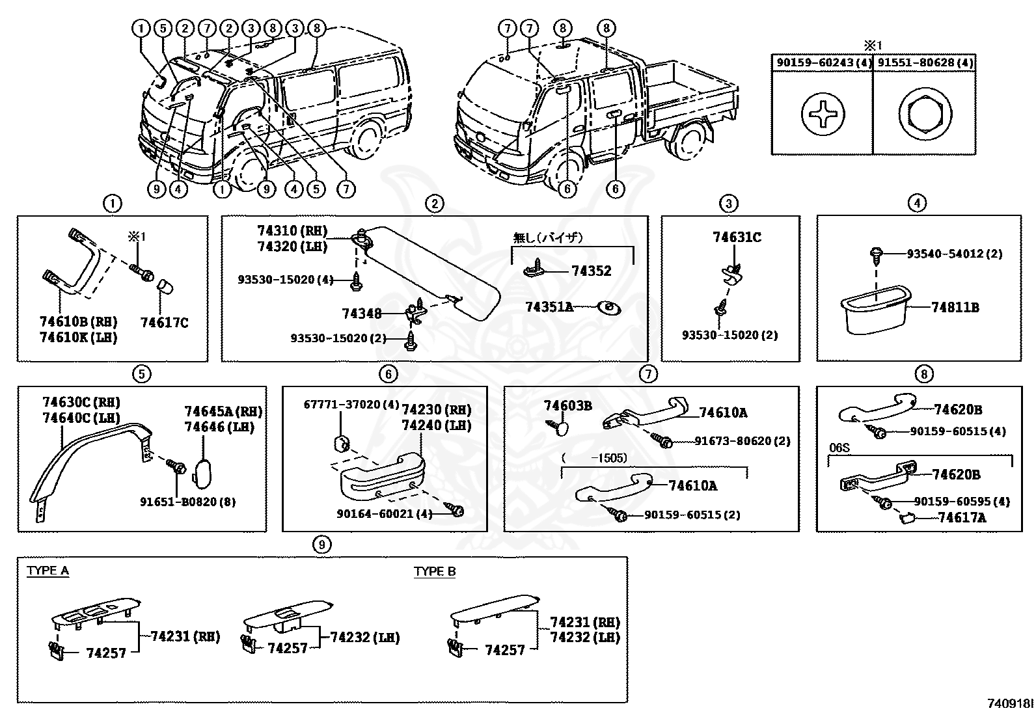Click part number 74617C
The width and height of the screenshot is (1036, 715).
coord(164,322)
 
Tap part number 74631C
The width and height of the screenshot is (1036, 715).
coord(737,237)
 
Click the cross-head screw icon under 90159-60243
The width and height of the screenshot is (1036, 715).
coord(823,113)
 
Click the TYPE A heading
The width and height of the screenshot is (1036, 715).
coord(48,571)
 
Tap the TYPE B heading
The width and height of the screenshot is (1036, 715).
coord(435,571)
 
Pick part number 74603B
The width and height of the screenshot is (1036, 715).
coord(567,406)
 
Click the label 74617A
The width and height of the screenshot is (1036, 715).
coord(962,518)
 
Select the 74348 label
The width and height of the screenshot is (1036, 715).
coord(361,314)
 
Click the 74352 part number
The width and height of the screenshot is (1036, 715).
coord(592,271)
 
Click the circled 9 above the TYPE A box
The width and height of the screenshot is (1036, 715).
coord(321,544)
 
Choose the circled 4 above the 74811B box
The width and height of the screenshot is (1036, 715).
coord(916,204)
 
